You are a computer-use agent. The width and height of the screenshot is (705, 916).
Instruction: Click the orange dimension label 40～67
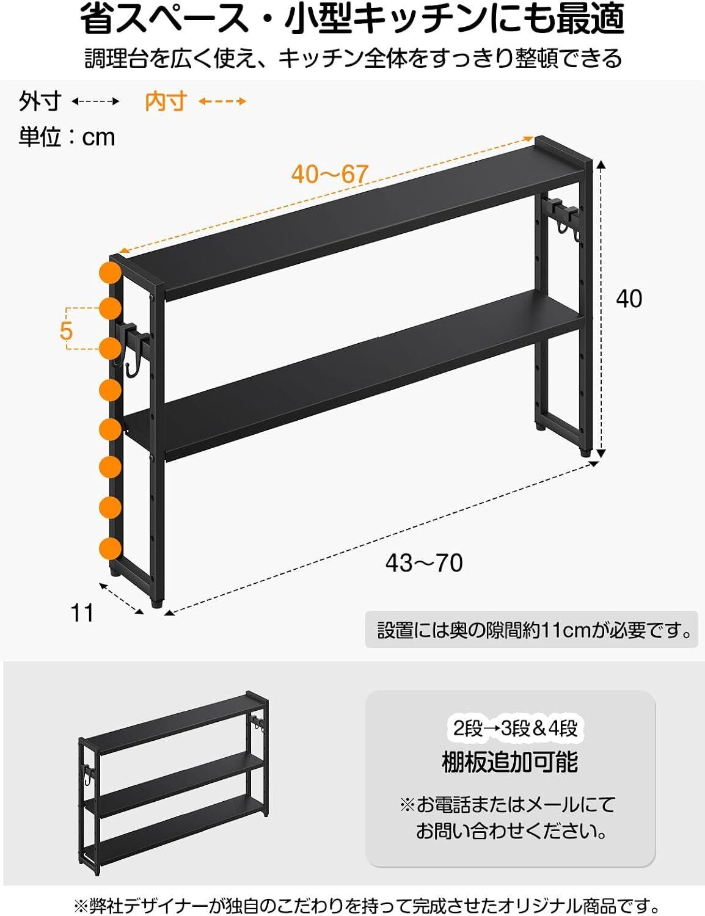(330, 173)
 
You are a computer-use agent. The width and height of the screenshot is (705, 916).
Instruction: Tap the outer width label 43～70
(424, 563)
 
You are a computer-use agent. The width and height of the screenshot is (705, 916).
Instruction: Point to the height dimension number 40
(629, 299)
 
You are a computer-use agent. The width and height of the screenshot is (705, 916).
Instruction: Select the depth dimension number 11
(82, 613)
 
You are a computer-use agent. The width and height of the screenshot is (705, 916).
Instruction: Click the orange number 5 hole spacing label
(66, 330)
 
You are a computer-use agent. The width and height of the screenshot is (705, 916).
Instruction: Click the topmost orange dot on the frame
(111, 272)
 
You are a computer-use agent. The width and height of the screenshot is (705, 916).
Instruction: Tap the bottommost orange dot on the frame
(111, 548)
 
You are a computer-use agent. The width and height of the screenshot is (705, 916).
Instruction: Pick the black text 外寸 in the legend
(40, 101)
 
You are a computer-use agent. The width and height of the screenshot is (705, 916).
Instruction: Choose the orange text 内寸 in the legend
(166, 101)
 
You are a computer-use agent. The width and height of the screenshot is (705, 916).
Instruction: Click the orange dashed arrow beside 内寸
(222, 101)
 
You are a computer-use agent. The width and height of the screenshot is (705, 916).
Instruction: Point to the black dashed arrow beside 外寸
(95, 101)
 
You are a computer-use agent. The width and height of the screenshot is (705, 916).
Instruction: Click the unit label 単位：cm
(67, 137)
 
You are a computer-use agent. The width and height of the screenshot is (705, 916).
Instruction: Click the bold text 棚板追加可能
(510, 762)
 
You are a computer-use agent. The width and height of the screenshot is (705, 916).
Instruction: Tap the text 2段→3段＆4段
(515, 728)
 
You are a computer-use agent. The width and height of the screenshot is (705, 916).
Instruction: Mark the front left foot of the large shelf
(157, 603)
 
